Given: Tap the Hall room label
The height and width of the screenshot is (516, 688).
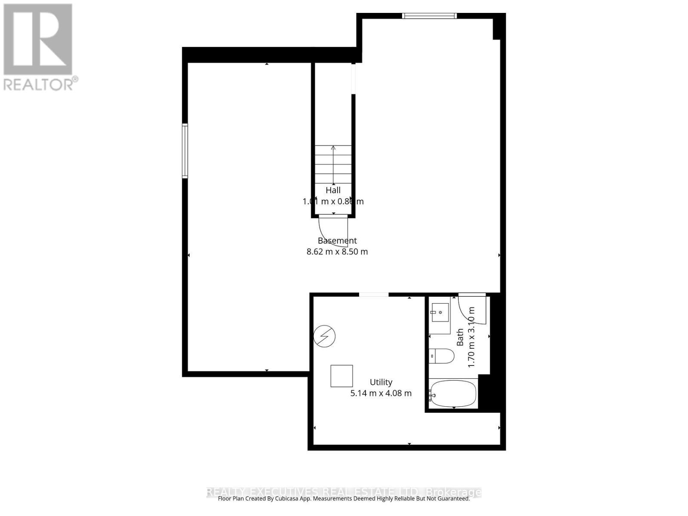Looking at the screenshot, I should click(x=333, y=190).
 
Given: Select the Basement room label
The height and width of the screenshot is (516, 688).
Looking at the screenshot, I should click(x=337, y=241).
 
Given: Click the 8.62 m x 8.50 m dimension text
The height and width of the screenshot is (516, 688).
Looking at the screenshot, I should click(x=337, y=252).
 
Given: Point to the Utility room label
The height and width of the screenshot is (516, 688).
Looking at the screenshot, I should click(x=381, y=382).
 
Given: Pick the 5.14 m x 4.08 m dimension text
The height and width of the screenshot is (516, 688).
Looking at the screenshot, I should click(x=381, y=393).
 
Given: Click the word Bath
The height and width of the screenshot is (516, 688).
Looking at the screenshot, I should click(x=460, y=337).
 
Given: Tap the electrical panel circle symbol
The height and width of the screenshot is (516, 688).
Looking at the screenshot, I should click(x=325, y=336).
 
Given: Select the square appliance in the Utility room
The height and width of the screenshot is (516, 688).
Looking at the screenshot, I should click(x=341, y=376).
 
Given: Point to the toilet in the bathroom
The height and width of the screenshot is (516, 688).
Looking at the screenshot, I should click(x=442, y=356).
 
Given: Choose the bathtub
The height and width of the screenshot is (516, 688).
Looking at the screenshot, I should click(x=453, y=393).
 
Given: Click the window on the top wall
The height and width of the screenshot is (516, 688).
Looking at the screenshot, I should click(x=429, y=16).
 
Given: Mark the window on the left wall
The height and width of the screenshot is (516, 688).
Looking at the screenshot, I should click(x=185, y=150).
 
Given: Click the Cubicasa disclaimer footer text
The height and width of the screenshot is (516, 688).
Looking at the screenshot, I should click(x=344, y=499).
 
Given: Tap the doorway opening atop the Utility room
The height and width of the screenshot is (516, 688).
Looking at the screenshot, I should click(x=374, y=295).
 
